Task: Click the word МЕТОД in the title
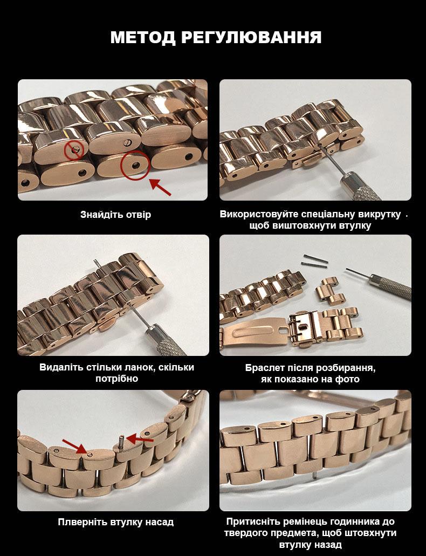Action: pyautogui.click(x=143, y=38)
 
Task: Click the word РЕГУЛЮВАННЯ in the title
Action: pyautogui.click(x=251, y=37)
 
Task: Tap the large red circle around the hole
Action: pyautogui.click(x=134, y=165)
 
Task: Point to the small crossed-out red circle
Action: pyautogui.click(x=74, y=150)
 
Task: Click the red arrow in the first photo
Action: pyautogui.click(x=160, y=187)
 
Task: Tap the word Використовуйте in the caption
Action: pyautogui.click(x=259, y=215)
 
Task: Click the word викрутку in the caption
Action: pyautogui.click(x=380, y=215)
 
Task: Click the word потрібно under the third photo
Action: pyautogui.click(x=116, y=379)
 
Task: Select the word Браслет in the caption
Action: pyautogui.click(x=264, y=368)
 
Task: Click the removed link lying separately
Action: pyautogui.click(x=331, y=291)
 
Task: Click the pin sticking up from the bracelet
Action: pyautogui.click(x=121, y=443)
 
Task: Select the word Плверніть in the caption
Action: pyautogui.click(x=83, y=523)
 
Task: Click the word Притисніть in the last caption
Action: pyautogui.click(x=252, y=522)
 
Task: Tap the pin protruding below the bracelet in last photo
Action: pyautogui.click(x=315, y=474)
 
